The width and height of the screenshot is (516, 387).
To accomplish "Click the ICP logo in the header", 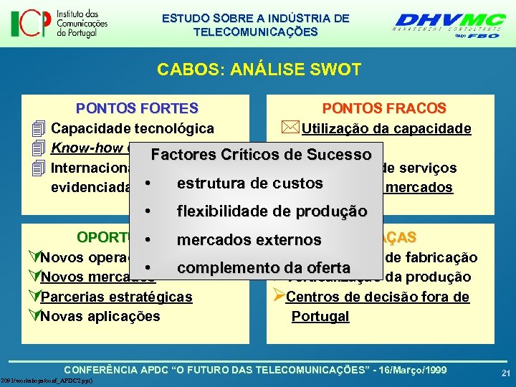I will pos(59,23).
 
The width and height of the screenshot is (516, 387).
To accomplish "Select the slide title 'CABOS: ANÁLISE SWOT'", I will pos(259,70).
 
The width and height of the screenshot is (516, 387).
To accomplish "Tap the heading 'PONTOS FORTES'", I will pos(137,108).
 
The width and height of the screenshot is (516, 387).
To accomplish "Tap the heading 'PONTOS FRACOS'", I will pos(384,108).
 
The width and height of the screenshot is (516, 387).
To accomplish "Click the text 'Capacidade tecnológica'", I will pos(133,129).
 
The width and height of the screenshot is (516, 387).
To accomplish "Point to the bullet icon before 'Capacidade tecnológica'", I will pos(39,129).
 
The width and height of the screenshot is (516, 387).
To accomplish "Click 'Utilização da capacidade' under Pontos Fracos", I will pos(386,129).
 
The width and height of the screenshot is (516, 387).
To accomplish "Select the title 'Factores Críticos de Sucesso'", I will pos(261,155).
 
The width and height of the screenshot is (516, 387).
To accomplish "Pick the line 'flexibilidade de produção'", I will pos(272,211).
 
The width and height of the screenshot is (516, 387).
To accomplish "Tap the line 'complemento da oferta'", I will pos(263,268).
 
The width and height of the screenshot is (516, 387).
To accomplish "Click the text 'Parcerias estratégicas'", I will pos(117,297).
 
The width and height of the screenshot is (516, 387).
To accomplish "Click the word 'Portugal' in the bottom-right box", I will pos(320,316).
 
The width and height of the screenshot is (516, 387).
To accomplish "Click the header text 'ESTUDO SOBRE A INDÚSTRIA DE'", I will pos(256,18).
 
